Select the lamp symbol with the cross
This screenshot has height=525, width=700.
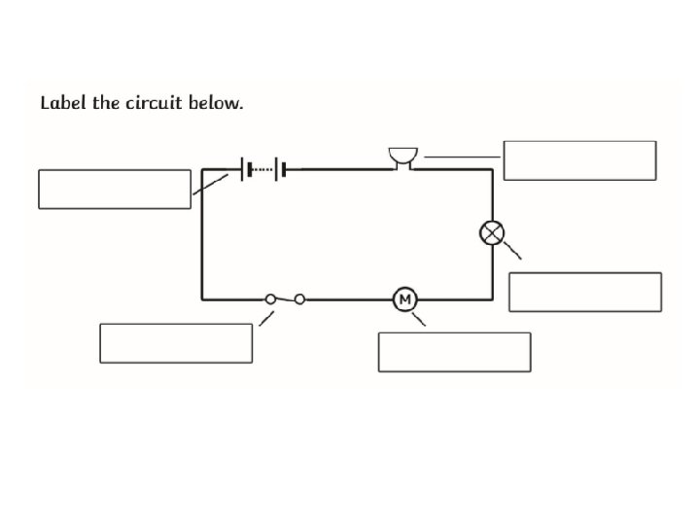click(493, 233)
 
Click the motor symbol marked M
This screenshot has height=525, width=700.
click(404, 299)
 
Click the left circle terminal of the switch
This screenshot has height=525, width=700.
click(270, 299)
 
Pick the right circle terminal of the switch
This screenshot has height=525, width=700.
click(299, 299)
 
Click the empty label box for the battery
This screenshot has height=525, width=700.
click(115, 189)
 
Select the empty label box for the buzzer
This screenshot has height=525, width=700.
click(579, 160)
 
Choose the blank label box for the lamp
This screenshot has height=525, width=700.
click(584, 292)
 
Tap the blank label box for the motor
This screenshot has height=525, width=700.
click(454, 351)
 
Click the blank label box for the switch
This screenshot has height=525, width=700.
click(176, 343)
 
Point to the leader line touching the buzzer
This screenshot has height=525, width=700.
click(462, 156)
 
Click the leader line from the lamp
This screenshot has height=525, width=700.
click(512, 251)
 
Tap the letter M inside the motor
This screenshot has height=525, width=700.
click(404, 299)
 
